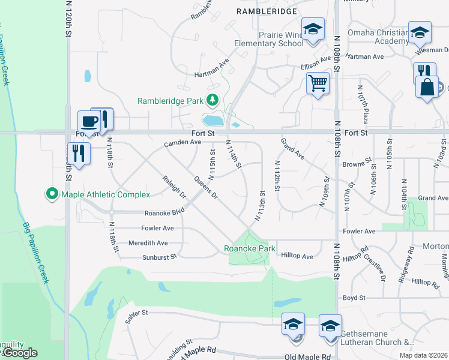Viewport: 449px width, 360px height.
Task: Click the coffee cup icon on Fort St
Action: pyautogui.click(x=89, y=121)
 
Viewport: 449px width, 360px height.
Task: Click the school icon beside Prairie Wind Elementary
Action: pyautogui.click(x=312, y=30)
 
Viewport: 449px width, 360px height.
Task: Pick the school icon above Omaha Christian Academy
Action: pyautogui.click(x=420, y=32)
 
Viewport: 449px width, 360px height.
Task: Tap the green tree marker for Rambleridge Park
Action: pyautogui.click(x=212, y=100)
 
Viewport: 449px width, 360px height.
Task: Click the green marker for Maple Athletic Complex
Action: pyautogui.click(x=52, y=194)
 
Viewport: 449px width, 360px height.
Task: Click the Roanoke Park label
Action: pyautogui.click(x=249, y=248)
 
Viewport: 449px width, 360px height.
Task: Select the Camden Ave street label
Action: pyautogui.click(x=182, y=143)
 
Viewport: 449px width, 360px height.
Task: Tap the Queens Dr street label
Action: pyautogui.click(x=205, y=187)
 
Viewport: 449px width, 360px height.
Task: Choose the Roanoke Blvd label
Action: pyautogui.click(x=164, y=213)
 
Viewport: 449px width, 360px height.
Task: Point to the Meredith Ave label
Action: pyautogui.click(x=148, y=243)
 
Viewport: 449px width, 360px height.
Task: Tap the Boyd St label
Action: pyautogui.click(x=354, y=298)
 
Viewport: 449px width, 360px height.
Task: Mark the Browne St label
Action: pyautogui.click(x=354, y=164)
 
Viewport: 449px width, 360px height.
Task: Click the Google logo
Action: pyautogui.click(x=19, y=353)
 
